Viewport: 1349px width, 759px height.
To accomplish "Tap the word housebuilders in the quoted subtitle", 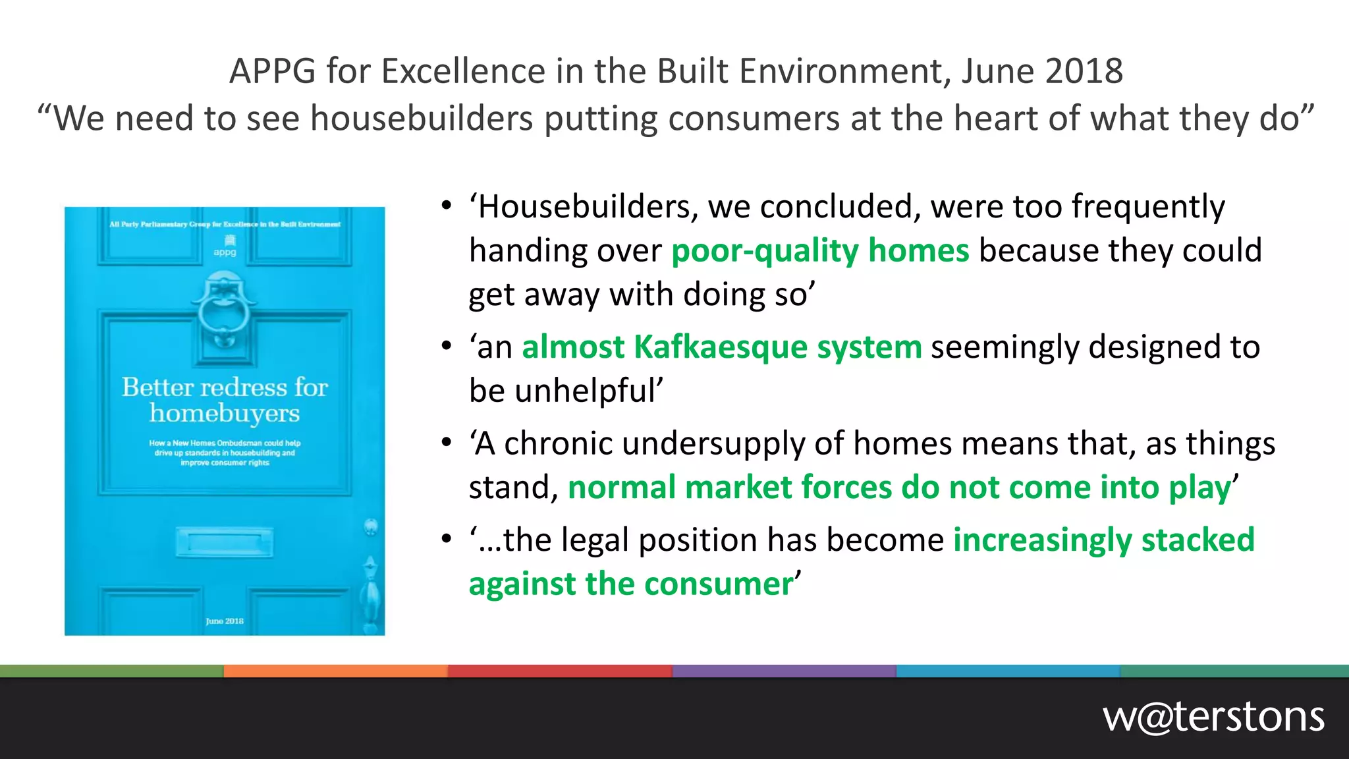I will coord(422,119).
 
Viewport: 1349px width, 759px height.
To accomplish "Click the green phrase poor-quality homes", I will coord(820,251).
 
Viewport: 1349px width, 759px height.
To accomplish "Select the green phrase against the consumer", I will coord(631,584).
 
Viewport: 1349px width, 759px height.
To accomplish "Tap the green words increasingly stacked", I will coord(1104,540).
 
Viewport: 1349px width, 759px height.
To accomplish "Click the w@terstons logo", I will coord(1213,717).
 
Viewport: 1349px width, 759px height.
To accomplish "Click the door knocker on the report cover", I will coord(225,310).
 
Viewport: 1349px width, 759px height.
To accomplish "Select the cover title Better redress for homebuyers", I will coord(225,400).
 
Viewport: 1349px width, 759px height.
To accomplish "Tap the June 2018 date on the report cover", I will coord(225,621).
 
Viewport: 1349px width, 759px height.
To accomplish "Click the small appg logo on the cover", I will coord(225,246).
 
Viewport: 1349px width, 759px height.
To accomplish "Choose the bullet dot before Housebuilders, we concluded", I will coord(447,206).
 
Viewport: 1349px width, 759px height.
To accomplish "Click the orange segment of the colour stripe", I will coord(336,671).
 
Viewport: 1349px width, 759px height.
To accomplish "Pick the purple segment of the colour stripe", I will coord(784,671).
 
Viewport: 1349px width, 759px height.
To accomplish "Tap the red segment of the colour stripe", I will coord(560,671).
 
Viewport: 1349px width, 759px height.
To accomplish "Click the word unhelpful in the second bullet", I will coord(588,391).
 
